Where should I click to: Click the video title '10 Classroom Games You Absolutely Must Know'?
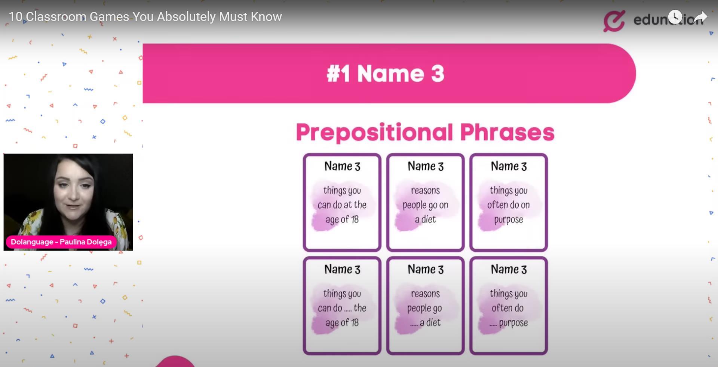145,17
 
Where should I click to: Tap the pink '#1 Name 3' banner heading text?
386,73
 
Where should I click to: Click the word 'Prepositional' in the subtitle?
374,132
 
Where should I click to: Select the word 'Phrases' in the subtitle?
507,132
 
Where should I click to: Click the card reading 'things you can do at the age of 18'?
342,202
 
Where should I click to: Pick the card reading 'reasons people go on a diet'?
426,202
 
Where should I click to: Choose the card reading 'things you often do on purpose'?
509,202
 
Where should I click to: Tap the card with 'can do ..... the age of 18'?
342,306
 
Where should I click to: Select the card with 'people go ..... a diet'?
426,306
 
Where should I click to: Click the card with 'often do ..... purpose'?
509,306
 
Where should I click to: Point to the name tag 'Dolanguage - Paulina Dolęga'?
61,242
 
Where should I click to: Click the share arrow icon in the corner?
700,17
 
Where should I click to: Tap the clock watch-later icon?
675,17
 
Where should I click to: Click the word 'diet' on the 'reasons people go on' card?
429,219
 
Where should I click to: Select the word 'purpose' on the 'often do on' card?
509,220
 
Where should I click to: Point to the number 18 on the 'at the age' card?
355,219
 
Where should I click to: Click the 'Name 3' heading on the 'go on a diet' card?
426,166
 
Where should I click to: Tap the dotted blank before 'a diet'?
414,325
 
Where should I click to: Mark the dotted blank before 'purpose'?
493,325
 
